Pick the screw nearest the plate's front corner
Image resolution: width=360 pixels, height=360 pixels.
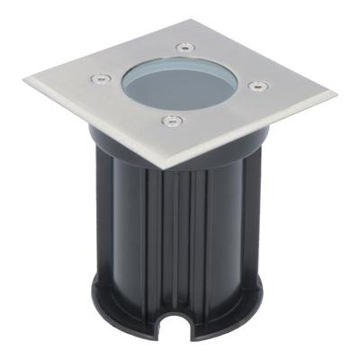168,119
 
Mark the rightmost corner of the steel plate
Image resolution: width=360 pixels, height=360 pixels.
336,93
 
